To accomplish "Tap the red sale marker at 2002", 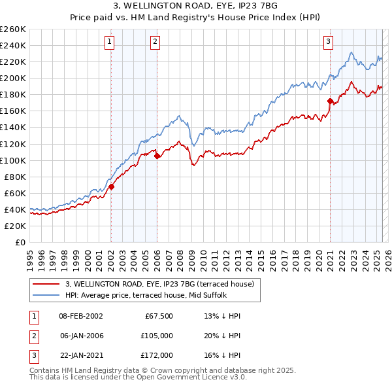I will (111, 186).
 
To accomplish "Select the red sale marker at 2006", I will (157, 156).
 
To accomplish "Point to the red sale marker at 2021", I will (330, 101).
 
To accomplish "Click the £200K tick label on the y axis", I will (12, 78).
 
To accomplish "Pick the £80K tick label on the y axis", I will (14, 177).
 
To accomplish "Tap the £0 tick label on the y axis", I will (20, 242).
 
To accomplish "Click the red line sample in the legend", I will (46, 283).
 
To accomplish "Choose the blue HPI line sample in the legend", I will (46, 294).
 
